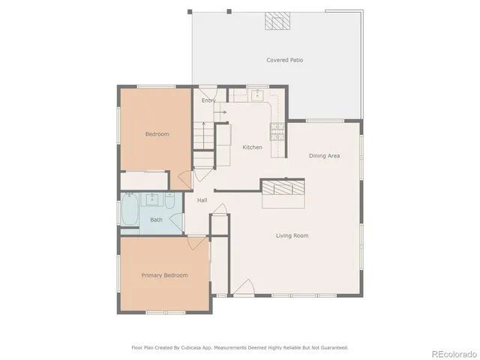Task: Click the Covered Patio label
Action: point(284,60)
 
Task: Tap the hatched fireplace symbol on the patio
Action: point(276,22)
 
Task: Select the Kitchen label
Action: point(252,147)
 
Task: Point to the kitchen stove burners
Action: point(277,131)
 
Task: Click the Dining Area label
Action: point(325,155)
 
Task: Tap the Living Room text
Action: point(292,235)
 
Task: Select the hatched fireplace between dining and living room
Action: point(283,187)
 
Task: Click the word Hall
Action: point(202,200)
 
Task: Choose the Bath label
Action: point(156,220)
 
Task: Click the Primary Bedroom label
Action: point(164,275)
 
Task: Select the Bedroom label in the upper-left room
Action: point(157,134)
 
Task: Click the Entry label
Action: point(208,100)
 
